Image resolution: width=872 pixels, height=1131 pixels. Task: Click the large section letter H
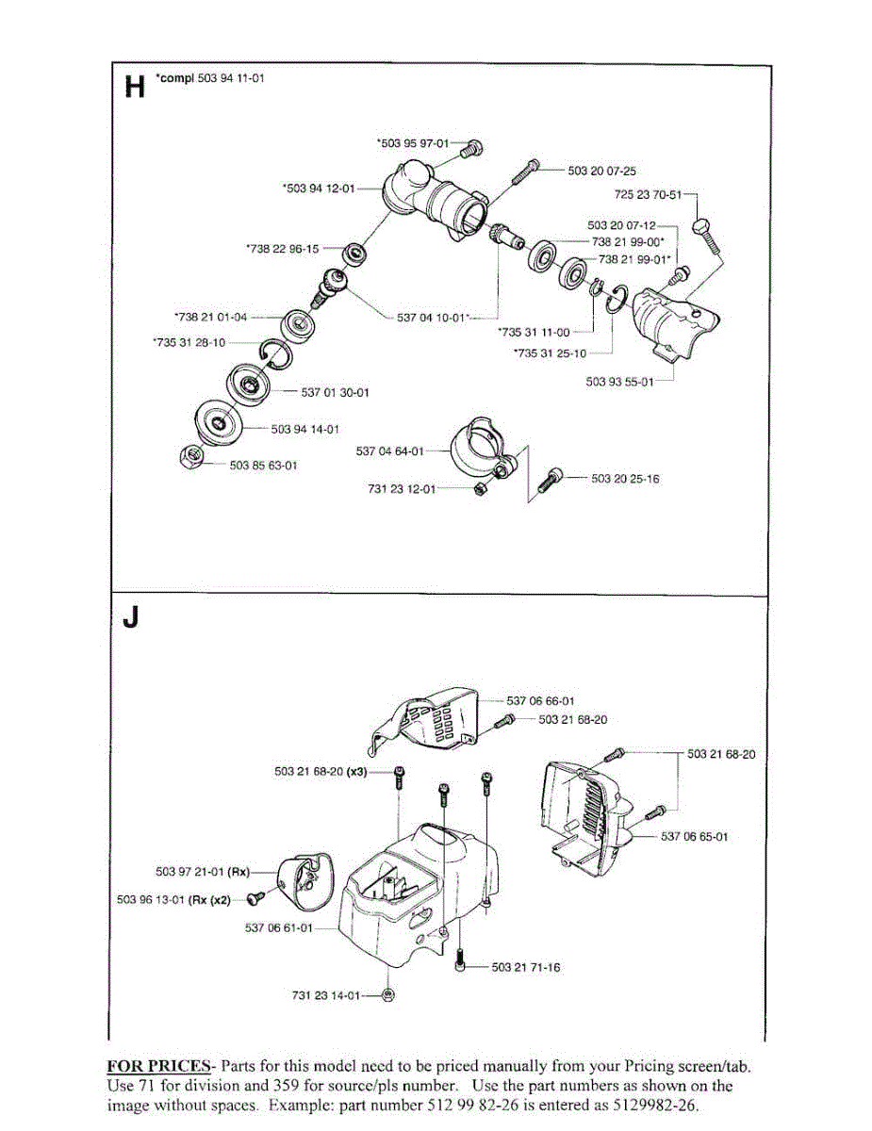(135, 87)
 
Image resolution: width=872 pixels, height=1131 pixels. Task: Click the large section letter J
(131, 618)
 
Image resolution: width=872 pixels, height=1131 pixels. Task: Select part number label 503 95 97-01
(413, 143)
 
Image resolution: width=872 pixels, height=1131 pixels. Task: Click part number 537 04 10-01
(431, 318)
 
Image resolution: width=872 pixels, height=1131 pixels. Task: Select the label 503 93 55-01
(619, 382)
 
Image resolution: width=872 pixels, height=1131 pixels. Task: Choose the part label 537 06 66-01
(540, 701)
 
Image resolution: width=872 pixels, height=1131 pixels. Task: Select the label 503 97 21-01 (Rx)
(203, 872)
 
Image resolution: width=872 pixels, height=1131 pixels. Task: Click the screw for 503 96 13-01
(256, 896)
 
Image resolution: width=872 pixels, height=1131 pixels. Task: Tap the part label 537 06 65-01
(695, 836)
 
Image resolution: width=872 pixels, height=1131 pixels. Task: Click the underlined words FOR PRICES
(158, 1066)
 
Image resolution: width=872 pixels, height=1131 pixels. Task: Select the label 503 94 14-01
(305, 430)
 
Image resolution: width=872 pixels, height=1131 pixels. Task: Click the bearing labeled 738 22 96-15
(356, 254)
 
